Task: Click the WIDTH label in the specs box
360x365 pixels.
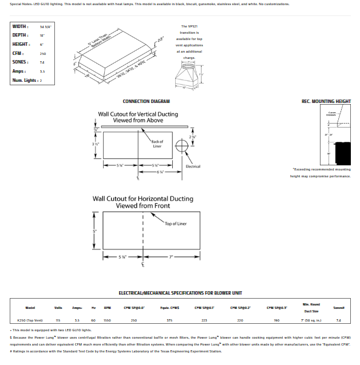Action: click(21, 27)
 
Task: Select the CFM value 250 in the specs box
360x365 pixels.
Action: click(43, 53)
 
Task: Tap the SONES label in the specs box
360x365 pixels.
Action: click(21, 62)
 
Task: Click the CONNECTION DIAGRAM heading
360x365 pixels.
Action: click(146, 101)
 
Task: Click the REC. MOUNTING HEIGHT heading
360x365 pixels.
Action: click(326, 101)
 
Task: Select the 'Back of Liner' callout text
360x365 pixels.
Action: click(157, 144)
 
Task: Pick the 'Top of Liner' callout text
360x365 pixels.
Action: click(176, 224)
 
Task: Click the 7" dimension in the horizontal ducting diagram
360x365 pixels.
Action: click(171, 257)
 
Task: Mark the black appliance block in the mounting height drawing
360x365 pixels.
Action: click(342, 150)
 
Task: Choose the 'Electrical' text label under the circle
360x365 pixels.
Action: click(193, 166)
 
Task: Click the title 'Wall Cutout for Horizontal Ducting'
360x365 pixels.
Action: click(143, 199)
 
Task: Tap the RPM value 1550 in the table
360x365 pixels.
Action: click(107, 320)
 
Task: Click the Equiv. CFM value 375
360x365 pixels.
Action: click(169, 320)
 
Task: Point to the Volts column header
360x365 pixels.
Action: click(58, 308)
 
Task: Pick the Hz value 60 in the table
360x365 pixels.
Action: click(93, 320)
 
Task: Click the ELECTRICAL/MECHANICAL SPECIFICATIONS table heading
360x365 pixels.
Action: click(180, 293)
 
